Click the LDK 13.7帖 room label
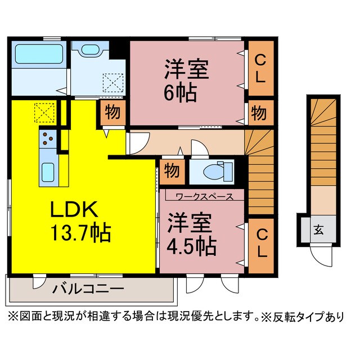click(82, 220)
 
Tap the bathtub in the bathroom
click(38, 55)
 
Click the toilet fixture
click(217, 172)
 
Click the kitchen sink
click(47, 170)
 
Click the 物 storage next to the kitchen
click(112, 112)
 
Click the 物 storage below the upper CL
click(259, 112)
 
